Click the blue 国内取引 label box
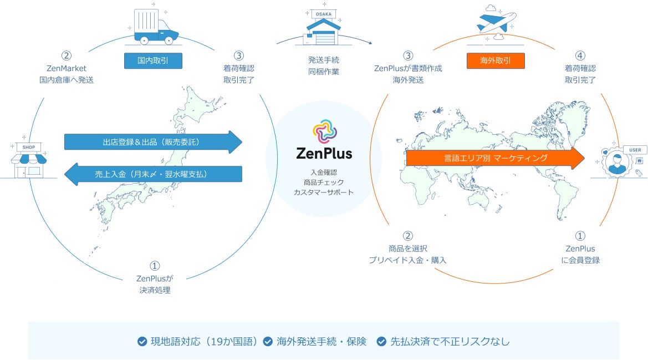pyautogui.click(x=152, y=60)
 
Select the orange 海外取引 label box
pyautogui.click(x=495, y=60)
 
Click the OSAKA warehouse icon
pyautogui.click(x=323, y=27)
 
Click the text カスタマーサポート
pyautogui.click(x=324, y=192)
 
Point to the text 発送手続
pyautogui.click(x=324, y=59)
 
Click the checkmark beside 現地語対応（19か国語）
pyautogui.click(x=142, y=342)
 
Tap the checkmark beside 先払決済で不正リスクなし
pyautogui.click(x=381, y=342)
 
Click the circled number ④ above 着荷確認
pyautogui.click(x=580, y=55)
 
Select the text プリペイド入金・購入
pyautogui.click(x=407, y=260)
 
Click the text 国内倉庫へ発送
pyautogui.click(x=66, y=79)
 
